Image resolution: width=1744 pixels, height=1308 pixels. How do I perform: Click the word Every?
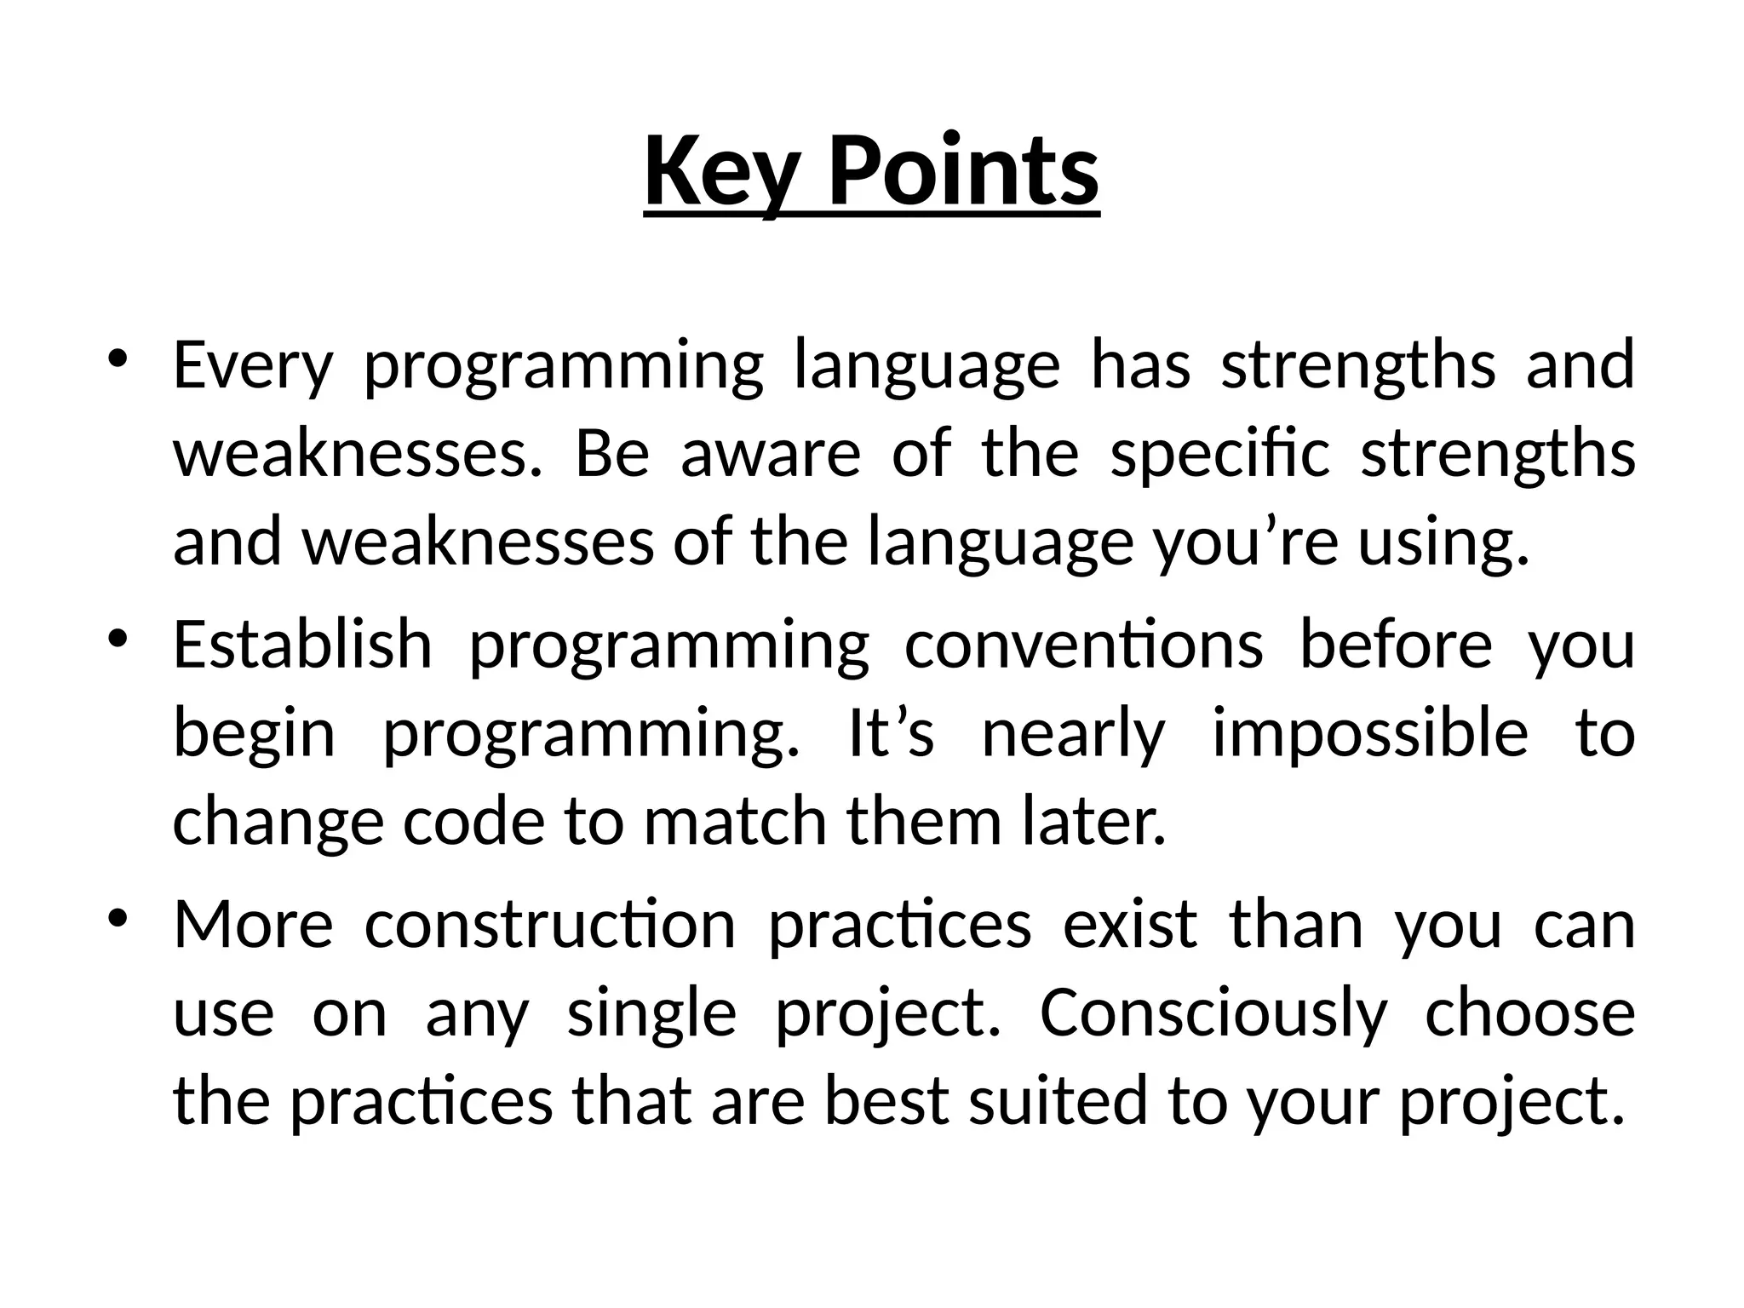pyautogui.click(x=252, y=365)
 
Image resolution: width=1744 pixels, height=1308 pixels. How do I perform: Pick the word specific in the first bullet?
pyautogui.click(x=1219, y=455)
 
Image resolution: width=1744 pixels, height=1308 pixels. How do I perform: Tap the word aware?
pyautogui.click(x=771, y=453)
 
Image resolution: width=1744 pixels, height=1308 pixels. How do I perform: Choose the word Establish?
pyautogui.click(x=302, y=645)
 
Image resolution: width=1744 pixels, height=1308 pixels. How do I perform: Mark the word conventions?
pyautogui.click(x=1083, y=645)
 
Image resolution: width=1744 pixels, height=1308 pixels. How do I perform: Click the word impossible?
pyautogui.click(x=1369, y=735)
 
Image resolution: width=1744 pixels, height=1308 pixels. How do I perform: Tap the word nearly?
pyautogui.click(x=1072, y=735)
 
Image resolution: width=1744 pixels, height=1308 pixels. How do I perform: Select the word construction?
pyautogui.click(x=550, y=926)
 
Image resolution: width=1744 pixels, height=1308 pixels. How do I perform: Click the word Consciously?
pyautogui.click(x=1213, y=1015)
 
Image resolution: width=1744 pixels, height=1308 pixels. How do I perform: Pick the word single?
pyautogui.click(x=651, y=1015)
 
